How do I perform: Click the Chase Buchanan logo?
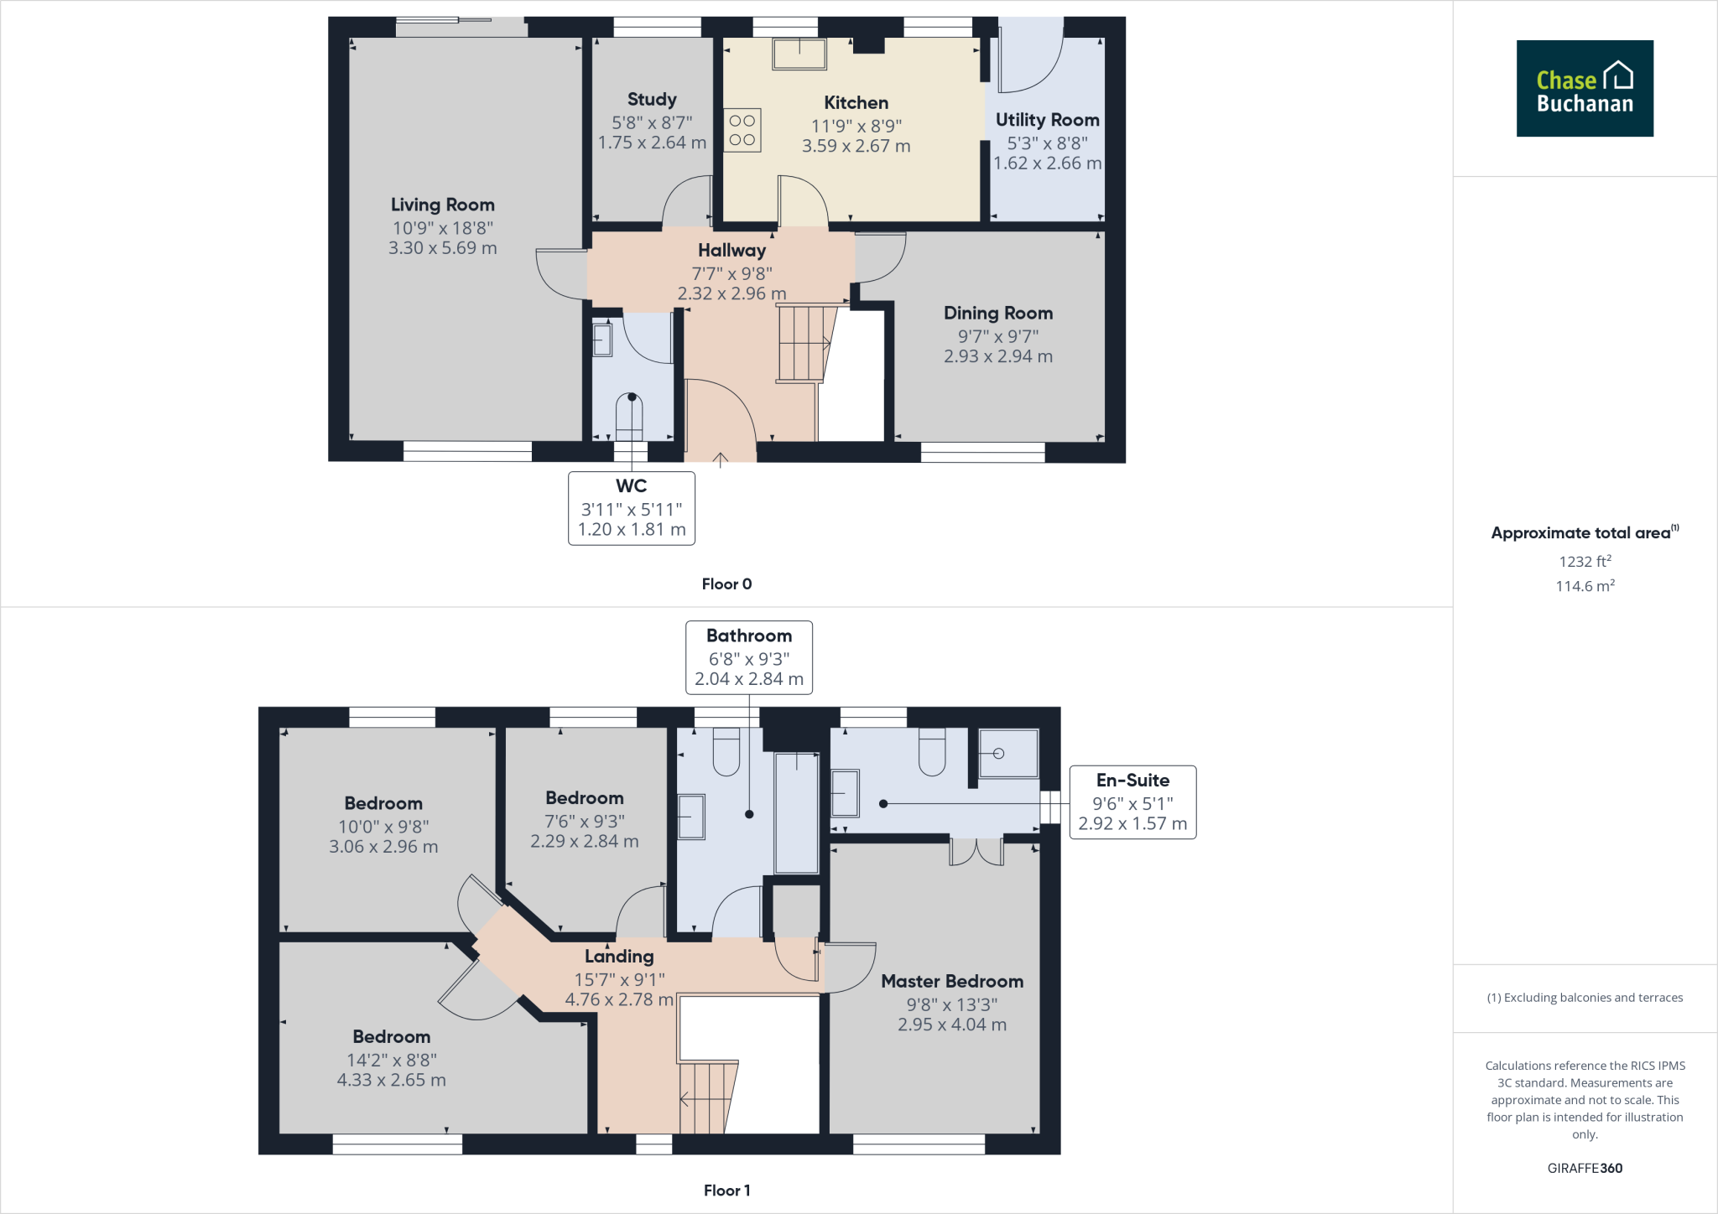click(1584, 89)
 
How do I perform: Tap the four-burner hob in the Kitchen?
click(742, 131)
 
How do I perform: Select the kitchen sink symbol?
click(799, 54)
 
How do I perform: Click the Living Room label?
click(442, 205)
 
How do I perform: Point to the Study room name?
click(652, 99)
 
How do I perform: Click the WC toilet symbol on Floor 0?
click(629, 417)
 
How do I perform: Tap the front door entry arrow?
click(720, 458)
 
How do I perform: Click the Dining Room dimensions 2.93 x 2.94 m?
click(997, 356)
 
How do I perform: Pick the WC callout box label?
click(631, 486)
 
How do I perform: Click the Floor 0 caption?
click(726, 584)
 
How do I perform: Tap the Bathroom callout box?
click(748, 657)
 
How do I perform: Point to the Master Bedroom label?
click(952, 981)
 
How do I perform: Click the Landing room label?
click(619, 957)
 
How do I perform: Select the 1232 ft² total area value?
click(1585, 562)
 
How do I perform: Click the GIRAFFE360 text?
click(1585, 1168)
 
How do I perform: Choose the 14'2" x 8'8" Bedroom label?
click(391, 1060)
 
